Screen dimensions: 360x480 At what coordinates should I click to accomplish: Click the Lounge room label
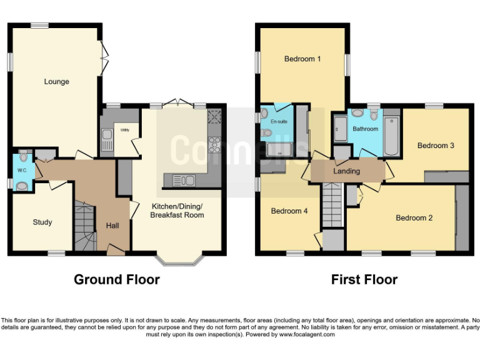point(56,81)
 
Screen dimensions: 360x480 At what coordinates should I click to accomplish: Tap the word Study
point(42,222)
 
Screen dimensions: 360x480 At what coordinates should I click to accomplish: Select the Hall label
point(112,226)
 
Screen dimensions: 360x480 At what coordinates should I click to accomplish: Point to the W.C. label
point(22,170)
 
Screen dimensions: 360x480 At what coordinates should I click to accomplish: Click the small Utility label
point(125,129)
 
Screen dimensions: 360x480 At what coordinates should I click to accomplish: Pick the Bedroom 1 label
point(302,59)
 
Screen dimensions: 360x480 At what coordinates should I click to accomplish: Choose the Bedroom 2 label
point(414,218)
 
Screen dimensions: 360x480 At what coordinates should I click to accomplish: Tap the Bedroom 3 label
point(436,146)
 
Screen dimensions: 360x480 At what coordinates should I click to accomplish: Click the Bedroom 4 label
point(289,211)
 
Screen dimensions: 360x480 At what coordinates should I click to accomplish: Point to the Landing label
point(347,171)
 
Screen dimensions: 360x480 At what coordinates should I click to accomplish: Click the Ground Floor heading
point(117,279)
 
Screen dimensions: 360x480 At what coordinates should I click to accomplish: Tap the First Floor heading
point(364,279)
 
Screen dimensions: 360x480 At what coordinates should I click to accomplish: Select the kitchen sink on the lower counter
point(183,180)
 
